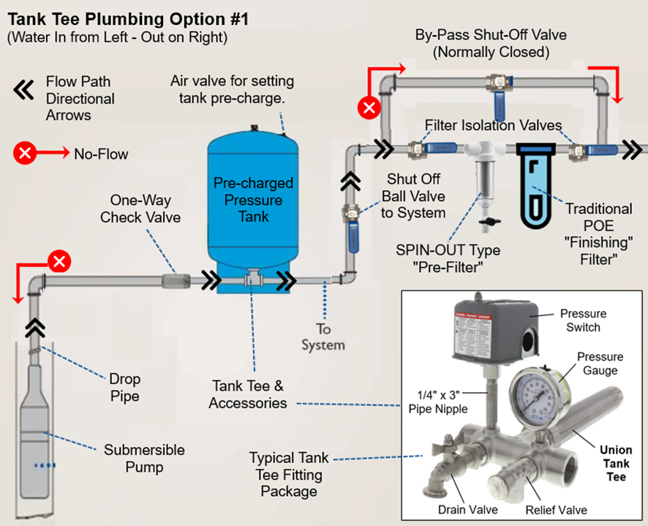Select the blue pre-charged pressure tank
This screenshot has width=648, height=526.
click(251, 212)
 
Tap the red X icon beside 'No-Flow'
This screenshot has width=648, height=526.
click(25, 154)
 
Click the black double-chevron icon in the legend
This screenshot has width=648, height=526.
click(24, 90)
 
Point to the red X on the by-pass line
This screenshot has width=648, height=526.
click(369, 108)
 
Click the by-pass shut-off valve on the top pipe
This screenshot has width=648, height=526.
click(500, 83)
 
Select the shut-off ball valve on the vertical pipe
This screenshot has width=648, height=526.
click(350, 219)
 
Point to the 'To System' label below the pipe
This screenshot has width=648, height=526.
click(323, 337)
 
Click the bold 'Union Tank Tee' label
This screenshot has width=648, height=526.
click(615, 463)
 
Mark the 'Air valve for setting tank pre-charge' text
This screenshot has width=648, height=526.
click(232, 89)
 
